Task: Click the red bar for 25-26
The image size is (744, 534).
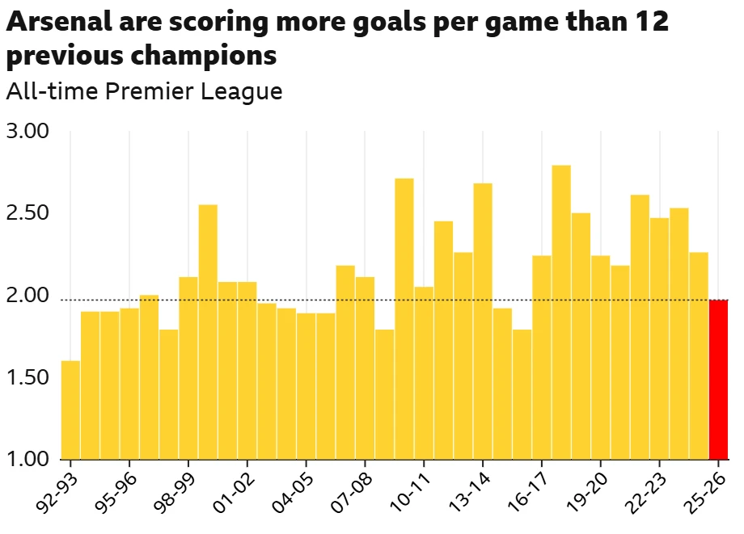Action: point(718,380)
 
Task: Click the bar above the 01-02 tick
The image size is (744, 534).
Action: point(247,371)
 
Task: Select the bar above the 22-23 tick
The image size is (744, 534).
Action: point(659,338)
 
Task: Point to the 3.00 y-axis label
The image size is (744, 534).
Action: point(27,131)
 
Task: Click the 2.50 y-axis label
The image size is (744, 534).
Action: point(27,213)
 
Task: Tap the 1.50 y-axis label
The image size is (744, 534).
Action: point(27,378)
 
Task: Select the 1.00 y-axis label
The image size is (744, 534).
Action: point(27,460)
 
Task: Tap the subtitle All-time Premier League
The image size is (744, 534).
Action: point(144,91)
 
